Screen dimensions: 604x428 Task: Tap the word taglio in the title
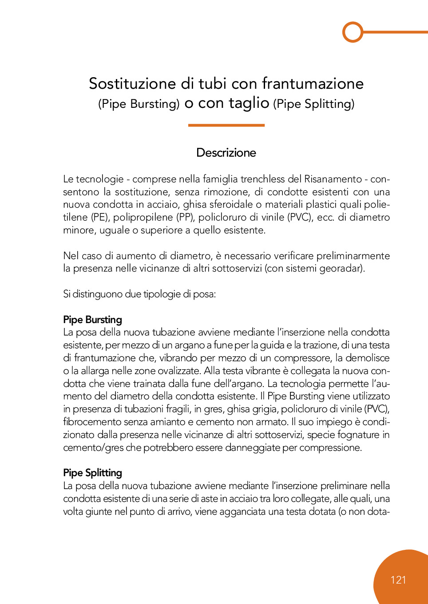(249, 103)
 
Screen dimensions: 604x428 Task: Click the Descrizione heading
(226, 153)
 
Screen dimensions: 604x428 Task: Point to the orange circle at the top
(353, 32)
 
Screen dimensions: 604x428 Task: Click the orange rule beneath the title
(226, 125)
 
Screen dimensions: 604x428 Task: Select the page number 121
(398, 580)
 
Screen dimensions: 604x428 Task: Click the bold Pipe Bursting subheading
(92, 320)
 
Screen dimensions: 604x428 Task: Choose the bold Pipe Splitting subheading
(92, 473)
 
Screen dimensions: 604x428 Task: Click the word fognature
(358, 435)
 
